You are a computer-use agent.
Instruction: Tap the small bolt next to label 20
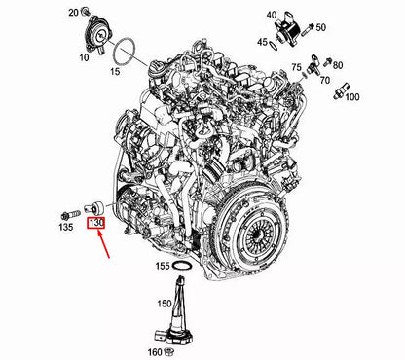coord(91,12)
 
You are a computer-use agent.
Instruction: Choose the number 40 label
coord(246,14)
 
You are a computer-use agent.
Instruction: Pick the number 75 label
coord(295,68)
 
